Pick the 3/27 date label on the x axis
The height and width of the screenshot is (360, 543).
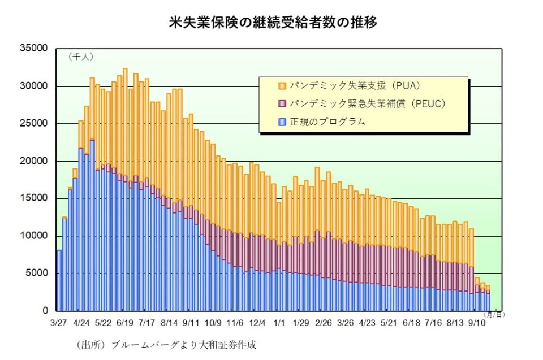tap(58, 323)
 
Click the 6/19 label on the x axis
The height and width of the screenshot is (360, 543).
tap(124, 323)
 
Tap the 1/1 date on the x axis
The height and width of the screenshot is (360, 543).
tap(279, 323)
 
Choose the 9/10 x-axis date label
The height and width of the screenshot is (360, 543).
tap(476, 323)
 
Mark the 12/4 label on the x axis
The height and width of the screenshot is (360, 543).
tap(257, 323)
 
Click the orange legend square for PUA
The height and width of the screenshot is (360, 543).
tap(281, 86)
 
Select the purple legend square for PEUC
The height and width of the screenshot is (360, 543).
tap(281, 104)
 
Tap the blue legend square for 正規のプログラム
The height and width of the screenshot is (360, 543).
tap(281, 122)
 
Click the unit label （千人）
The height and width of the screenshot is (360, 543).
tap(80, 57)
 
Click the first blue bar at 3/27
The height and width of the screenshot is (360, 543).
tap(59, 280)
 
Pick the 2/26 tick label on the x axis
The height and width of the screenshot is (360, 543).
tap(322, 323)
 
